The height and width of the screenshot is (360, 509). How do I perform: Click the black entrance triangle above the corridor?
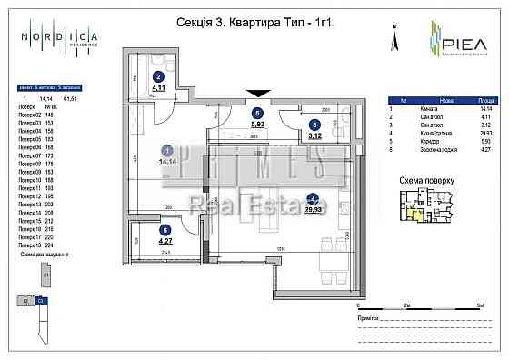[259, 92]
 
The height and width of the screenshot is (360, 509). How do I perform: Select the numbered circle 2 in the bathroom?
[158, 77]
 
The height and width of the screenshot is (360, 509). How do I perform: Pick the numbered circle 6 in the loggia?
[165, 230]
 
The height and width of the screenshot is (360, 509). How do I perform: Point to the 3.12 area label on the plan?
[315, 137]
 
